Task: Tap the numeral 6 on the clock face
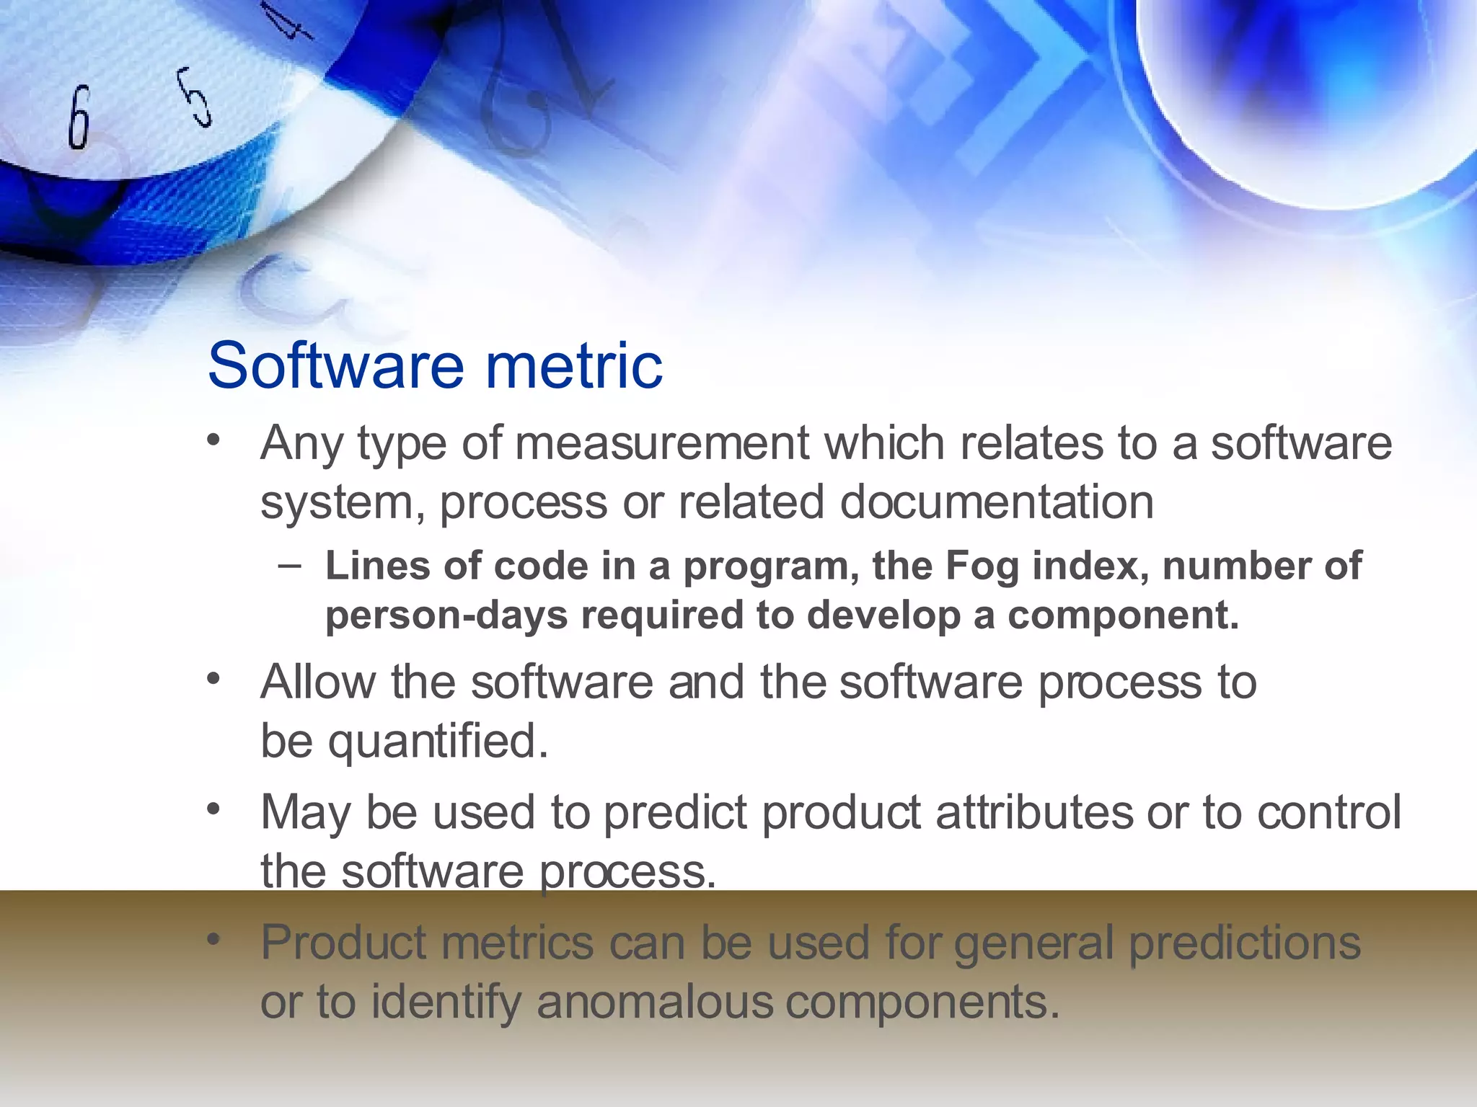[79, 117]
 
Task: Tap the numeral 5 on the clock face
[195, 97]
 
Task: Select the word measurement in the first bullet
[661, 443]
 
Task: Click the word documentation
[997, 502]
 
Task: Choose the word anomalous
[654, 1002]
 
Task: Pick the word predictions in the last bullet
[1244, 943]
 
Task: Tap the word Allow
[318, 682]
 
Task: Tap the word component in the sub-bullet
[1121, 615]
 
